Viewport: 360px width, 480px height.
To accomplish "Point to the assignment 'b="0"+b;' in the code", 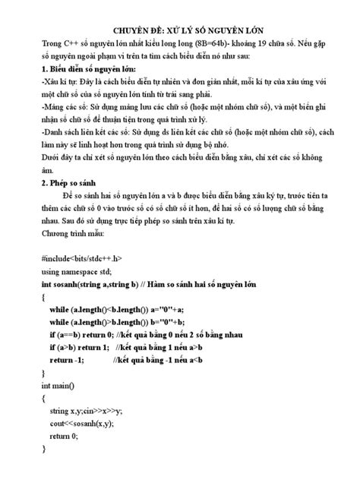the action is pyautogui.click(x=178, y=320).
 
